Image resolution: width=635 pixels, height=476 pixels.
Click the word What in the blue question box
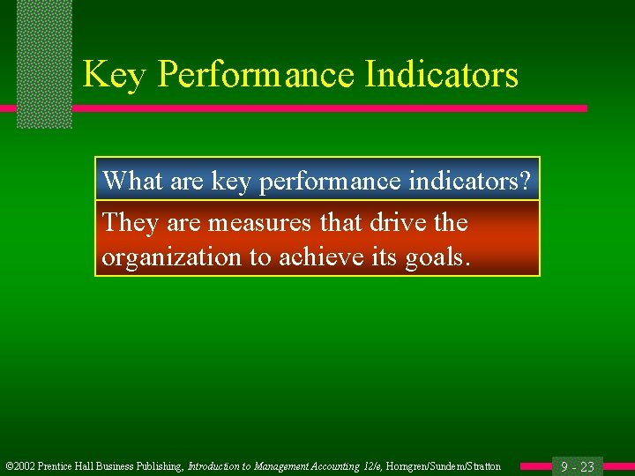(x=129, y=181)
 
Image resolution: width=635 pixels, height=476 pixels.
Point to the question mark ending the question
(x=526, y=181)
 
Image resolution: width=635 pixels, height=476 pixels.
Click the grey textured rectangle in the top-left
(x=44, y=62)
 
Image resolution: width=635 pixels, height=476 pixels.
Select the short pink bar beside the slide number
(x=535, y=465)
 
